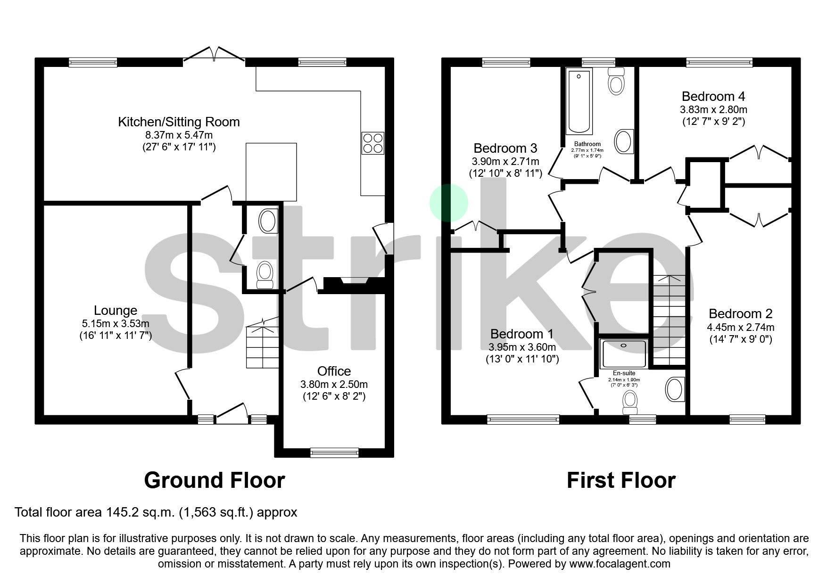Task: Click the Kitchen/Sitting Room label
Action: [x=179, y=122]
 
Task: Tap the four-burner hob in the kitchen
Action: [x=372, y=143]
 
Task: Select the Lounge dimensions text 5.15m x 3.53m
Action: [x=115, y=324]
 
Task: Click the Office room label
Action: [x=334, y=371]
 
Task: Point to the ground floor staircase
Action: [x=262, y=346]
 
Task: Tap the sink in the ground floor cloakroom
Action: [x=267, y=221]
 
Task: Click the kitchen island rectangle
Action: [x=271, y=172]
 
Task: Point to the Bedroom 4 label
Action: [x=713, y=97]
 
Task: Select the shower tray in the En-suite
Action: [x=623, y=354]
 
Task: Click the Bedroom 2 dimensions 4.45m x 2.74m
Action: [x=740, y=327]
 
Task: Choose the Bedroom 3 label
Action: [x=505, y=148]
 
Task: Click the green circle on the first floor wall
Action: [x=448, y=203]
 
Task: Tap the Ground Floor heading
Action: [x=214, y=480]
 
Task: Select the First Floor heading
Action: [x=620, y=480]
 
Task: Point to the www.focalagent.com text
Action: [x=620, y=564]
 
